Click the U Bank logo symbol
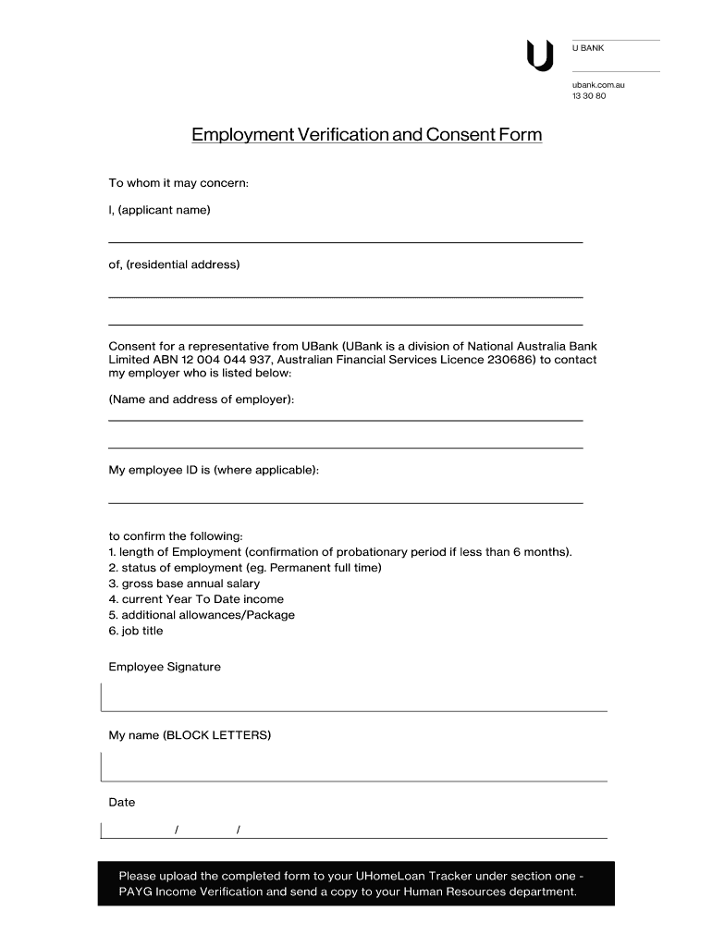(539, 55)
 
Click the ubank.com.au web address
(598, 85)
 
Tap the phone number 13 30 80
(589, 96)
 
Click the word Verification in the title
(342, 135)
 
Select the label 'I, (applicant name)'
(160, 210)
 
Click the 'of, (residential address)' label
(174, 264)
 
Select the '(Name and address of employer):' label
(202, 400)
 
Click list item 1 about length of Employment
(340, 552)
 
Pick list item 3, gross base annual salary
(184, 584)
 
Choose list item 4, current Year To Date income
(196, 599)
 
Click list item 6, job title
(136, 631)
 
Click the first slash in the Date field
(177, 830)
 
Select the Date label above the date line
(122, 802)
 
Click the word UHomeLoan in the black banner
(397, 876)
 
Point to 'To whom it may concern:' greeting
(178, 183)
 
